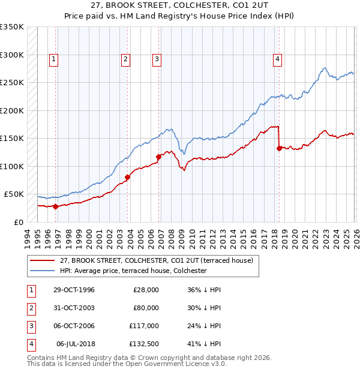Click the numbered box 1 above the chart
pyautogui.click(x=54, y=59)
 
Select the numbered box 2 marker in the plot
pyautogui.click(x=125, y=59)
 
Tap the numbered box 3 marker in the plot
pyautogui.click(x=156, y=59)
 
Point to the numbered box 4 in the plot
pyautogui.click(x=278, y=59)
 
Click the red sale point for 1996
pyautogui.click(x=56, y=206)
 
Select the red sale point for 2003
pyautogui.click(x=127, y=177)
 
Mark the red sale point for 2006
pyautogui.click(x=159, y=157)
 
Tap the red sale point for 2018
pyautogui.click(x=279, y=148)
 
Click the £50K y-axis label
pyautogui.click(x=14, y=194)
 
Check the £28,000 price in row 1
pyautogui.click(x=145, y=290)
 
